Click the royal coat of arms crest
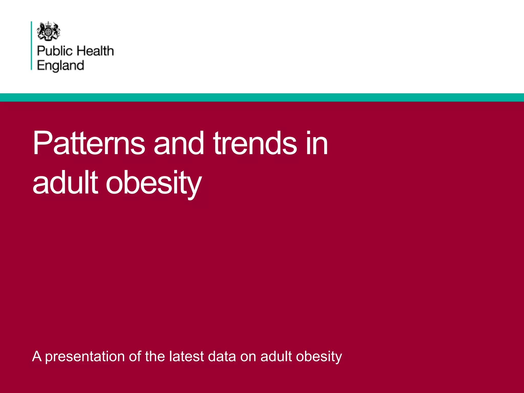point(49,31)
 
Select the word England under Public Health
point(60,65)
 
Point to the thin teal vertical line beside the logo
point(31,46)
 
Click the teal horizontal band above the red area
point(262,97)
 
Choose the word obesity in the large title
point(154,183)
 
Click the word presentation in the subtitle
point(85,357)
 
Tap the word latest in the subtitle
point(186,356)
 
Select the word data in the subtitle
point(222,356)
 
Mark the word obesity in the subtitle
point(319,357)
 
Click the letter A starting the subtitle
point(37,356)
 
